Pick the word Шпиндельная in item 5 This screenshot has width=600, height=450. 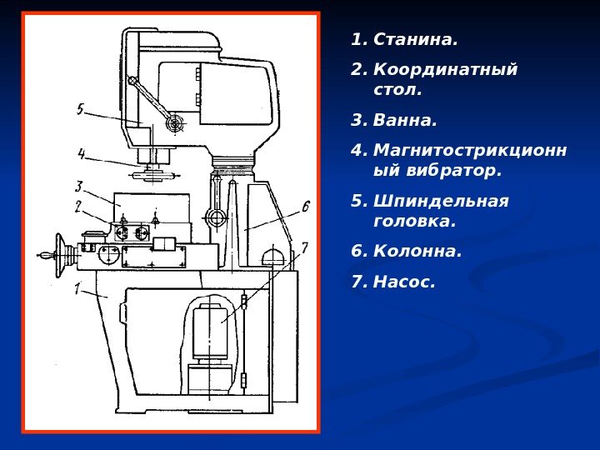441,201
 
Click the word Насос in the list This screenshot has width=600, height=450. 404,282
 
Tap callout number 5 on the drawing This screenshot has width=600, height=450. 80,109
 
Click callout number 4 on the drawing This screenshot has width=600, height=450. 82,153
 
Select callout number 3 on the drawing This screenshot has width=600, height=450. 79,187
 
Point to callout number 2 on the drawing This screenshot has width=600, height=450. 78,206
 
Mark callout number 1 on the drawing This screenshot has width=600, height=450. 78,289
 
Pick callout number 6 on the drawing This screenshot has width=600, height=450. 305,206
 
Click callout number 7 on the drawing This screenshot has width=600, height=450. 304,247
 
